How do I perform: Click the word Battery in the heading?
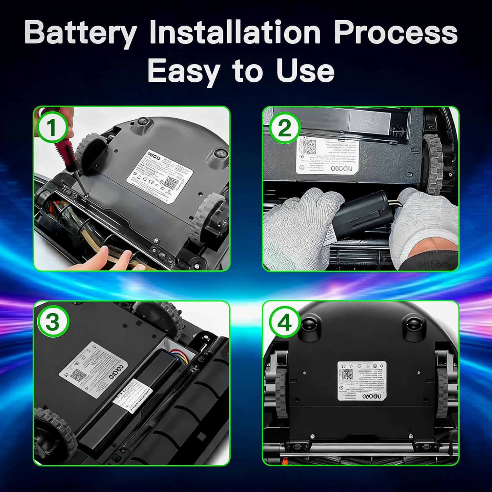(80, 33)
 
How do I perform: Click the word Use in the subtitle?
(305, 71)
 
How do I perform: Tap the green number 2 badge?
(284, 128)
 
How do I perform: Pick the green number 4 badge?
(284, 323)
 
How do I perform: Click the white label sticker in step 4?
(362, 380)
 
